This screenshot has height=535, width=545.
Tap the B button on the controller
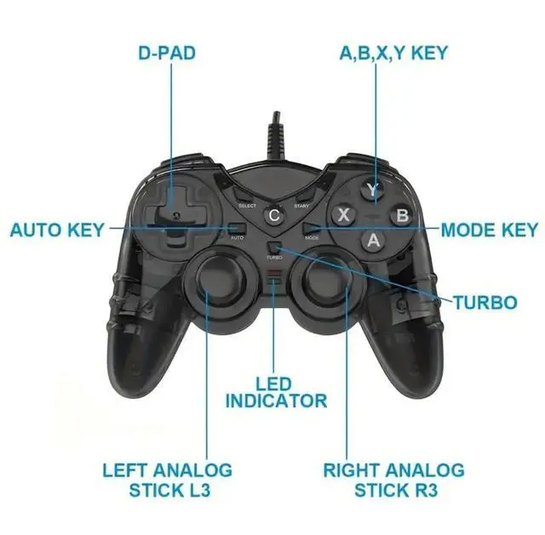(x=403, y=214)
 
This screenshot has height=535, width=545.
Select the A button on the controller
(x=372, y=240)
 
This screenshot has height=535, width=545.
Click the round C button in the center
(x=273, y=214)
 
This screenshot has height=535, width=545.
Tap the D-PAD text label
(x=167, y=53)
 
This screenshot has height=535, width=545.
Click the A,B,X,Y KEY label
(x=393, y=53)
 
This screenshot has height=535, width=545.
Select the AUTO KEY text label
(x=57, y=230)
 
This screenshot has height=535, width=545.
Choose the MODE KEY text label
(x=489, y=230)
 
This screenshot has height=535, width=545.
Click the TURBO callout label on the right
(x=485, y=302)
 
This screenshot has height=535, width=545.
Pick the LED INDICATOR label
(x=275, y=392)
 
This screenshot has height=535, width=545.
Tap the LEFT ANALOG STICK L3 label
(x=167, y=480)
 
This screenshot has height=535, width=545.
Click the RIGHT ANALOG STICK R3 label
(x=393, y=480)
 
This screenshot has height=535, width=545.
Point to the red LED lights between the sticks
(x=273, y=276)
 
